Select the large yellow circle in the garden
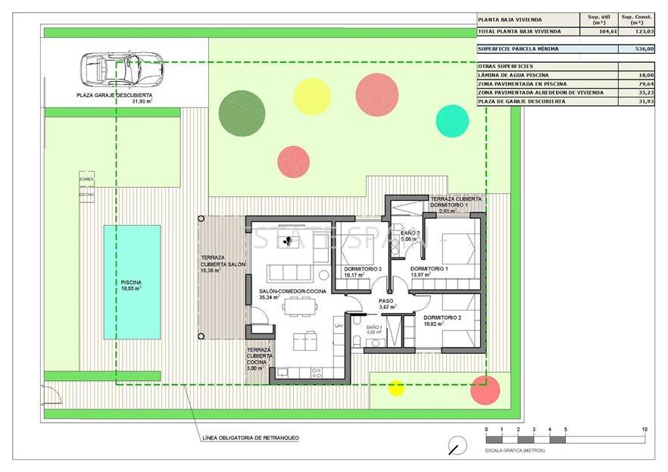312,96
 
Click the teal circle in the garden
452,120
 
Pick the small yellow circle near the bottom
396,388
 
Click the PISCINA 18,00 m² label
131,286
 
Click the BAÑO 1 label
374,330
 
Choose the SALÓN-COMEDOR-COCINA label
292,292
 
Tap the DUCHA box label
86,194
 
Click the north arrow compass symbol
457,445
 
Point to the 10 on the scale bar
644,430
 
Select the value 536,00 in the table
636,48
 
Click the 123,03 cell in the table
636,31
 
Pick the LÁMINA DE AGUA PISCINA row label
522,76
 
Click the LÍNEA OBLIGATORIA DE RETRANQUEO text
251,438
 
